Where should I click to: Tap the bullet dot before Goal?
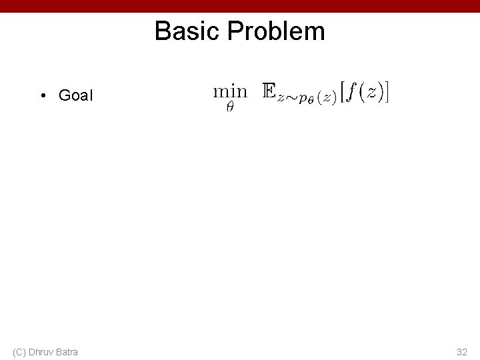pyautogui.click(x=41, y=96)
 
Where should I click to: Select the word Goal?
pyautogui.click(x=76, y=96)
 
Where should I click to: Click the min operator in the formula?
pyautogui.click(x=230, y=91)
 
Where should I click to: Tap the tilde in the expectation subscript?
pyautogui.click(x=291, y=97)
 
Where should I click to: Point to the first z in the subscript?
pyautogui.click(x=281, y=97)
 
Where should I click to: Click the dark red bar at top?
pyautogui.click(x=240, y=6)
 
